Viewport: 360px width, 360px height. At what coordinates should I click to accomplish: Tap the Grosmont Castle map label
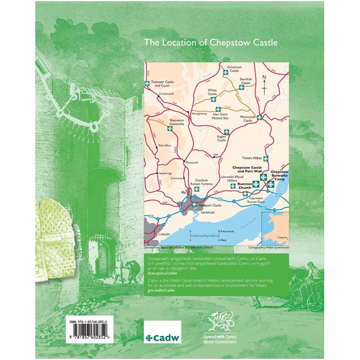[x=234, y=69]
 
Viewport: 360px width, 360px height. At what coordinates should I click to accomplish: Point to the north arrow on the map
[x=265, y=84]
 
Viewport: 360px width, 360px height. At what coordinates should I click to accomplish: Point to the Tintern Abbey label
[x=253, y=157]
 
